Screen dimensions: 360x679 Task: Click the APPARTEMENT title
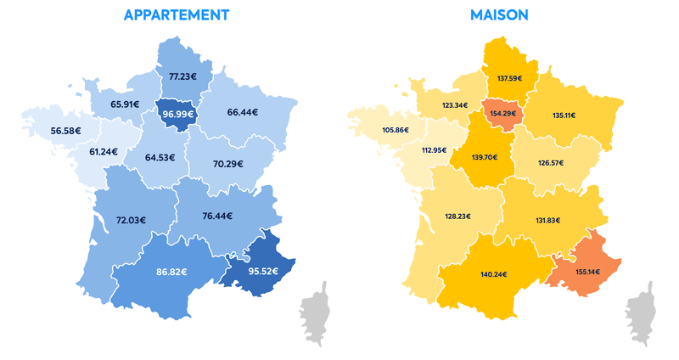(176, 15)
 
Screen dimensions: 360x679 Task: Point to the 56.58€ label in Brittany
(67, 130)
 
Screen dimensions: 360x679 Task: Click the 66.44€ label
(243, 111)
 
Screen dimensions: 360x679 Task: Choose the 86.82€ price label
(171, 273)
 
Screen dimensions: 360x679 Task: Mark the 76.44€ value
(219, 216)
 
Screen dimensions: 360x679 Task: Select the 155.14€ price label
(586, 272)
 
